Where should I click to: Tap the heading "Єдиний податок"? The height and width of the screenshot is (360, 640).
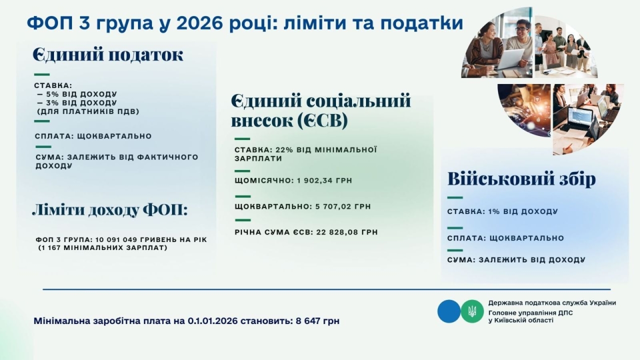108,54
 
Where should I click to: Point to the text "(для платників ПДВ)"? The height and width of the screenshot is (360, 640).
88,111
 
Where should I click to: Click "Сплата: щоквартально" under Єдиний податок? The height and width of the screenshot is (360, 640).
93,136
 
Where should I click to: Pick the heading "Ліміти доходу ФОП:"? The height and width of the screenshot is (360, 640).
109,210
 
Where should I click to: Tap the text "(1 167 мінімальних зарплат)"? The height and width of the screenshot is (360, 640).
102,247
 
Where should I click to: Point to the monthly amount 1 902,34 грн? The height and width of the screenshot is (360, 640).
323,180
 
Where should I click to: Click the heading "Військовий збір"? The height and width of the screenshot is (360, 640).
521,179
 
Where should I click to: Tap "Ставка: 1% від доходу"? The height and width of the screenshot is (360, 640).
502,211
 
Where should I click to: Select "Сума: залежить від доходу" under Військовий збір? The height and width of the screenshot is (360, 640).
516,260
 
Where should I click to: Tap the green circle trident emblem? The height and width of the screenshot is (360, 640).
472,311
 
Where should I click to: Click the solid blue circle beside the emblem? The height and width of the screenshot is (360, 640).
448,311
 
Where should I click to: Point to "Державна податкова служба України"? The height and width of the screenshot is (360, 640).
552,303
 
